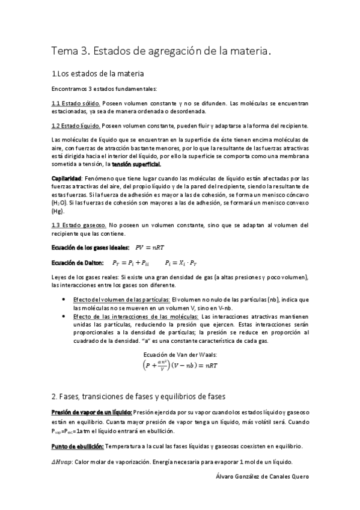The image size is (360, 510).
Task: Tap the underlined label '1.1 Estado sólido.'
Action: click(76, 103)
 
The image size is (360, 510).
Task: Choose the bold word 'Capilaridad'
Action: click(66, 179)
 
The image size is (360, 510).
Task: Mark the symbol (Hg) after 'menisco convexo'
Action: click(58, 212)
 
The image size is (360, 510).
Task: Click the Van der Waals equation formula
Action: click(180, 366)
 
